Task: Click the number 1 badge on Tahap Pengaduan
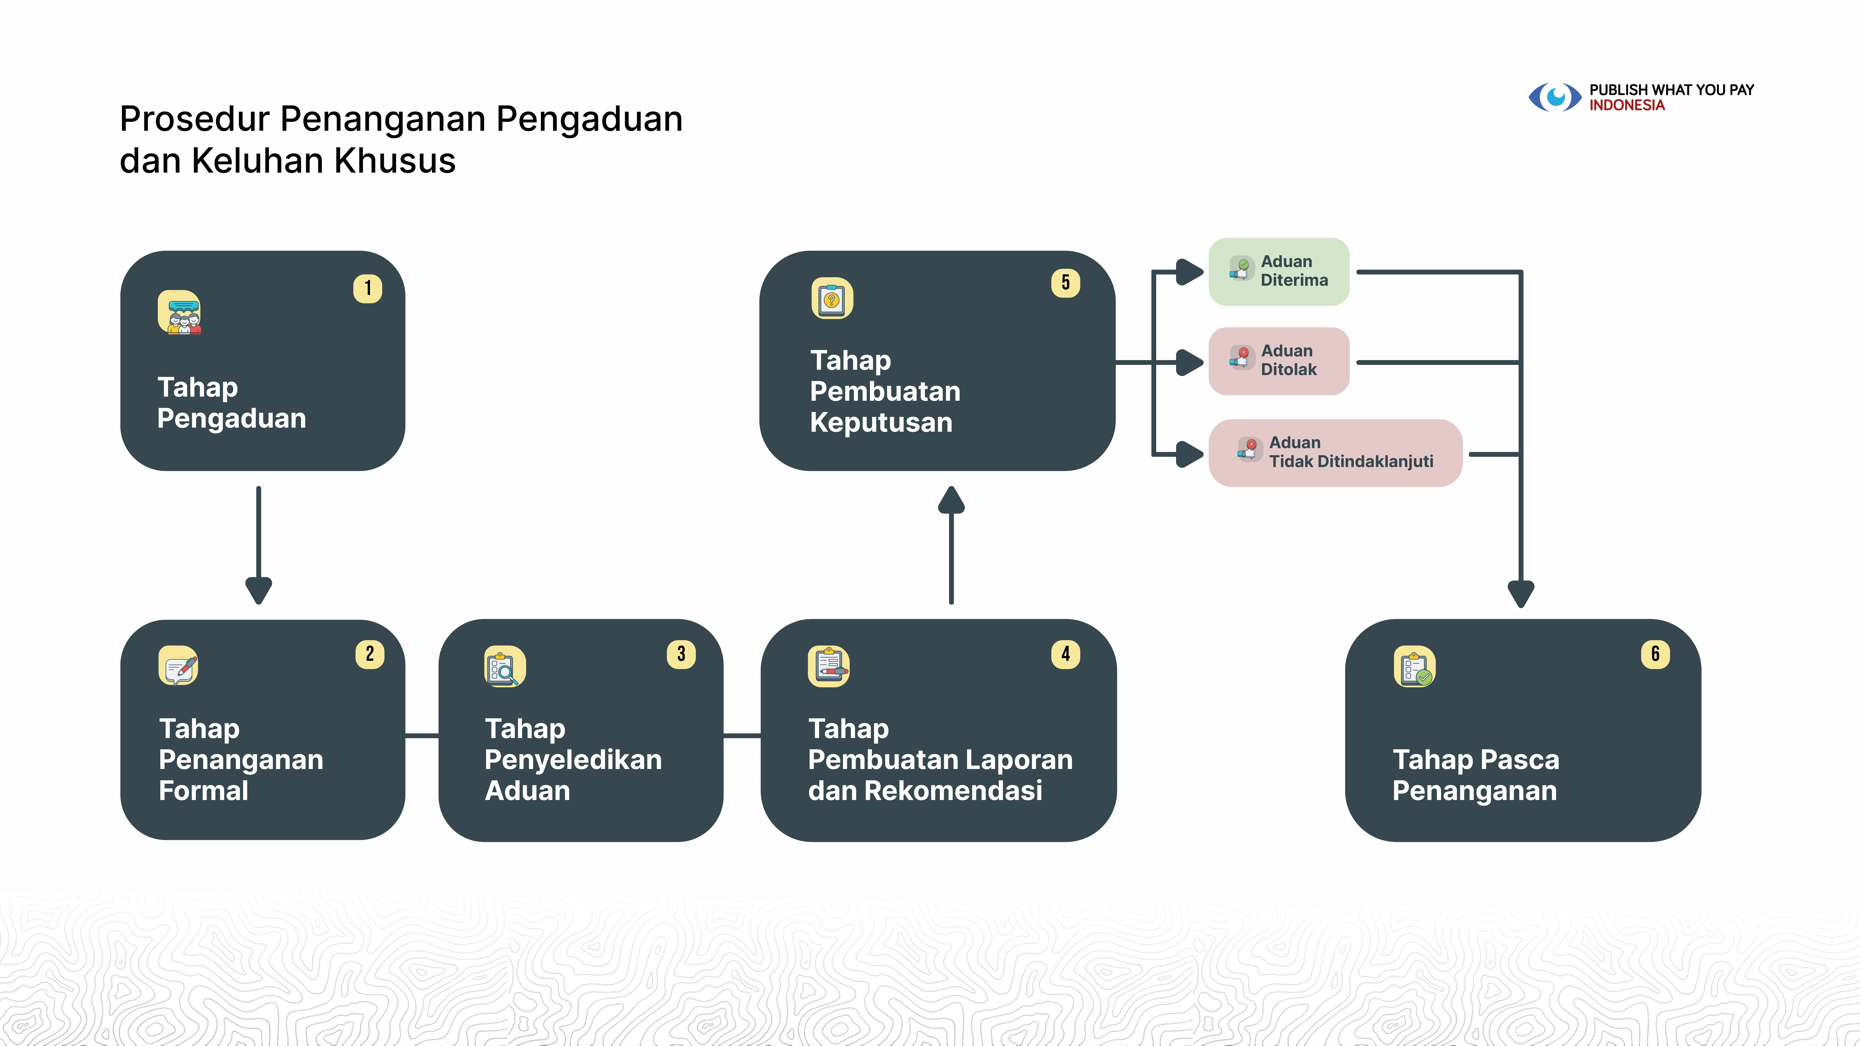(368, 289)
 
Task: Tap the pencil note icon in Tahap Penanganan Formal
(178, 666)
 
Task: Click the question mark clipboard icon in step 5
(832, 298)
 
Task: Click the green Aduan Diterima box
(1279, 271)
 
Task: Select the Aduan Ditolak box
(1279, 361)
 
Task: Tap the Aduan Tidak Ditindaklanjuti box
(1335, 453)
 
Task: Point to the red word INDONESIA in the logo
(1627, 105)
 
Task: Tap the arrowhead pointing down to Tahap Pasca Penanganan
(1521, 593)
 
